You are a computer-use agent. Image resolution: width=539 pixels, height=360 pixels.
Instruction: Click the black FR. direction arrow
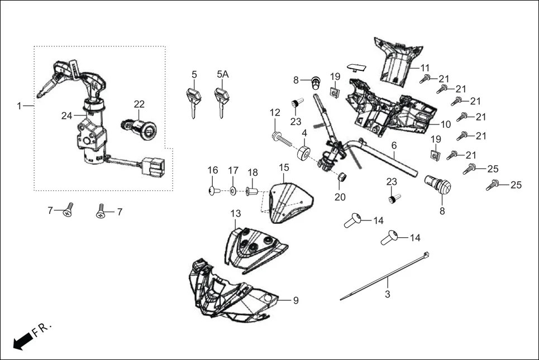[x=22, y=341]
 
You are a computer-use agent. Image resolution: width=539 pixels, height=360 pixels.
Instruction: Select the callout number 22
[x=139, y=104]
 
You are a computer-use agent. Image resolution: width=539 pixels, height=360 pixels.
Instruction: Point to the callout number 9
[x=295, y=300]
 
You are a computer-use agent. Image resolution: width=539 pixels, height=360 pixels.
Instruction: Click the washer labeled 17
[x=232, y=191]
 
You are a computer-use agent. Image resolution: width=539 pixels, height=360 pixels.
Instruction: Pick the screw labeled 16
[x=212, y=191]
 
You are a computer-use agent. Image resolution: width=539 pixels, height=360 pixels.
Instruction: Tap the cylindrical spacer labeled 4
[x=304, y=153]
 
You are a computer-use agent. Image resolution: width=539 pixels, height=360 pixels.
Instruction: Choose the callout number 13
[x=235, y=213]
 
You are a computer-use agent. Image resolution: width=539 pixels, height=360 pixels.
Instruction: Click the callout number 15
[x=284, y=167]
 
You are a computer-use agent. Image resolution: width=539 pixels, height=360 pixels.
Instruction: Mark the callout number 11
[x=425, y=67]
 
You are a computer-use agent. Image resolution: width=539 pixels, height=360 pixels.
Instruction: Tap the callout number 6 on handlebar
[x=394, y=145]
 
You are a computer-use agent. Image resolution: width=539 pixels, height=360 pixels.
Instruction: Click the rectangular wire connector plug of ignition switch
[x=152, y=165]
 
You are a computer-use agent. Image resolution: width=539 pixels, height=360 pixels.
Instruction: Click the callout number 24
[x=66, y=116]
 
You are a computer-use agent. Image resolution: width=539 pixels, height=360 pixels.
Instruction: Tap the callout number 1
[x=20, y=105]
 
